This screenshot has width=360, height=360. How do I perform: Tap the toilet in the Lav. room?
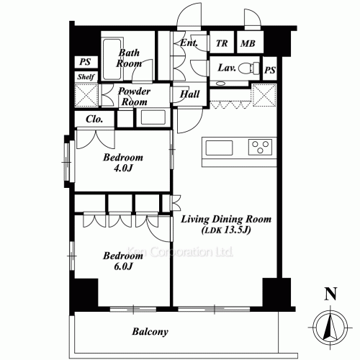click(x=246, y=68)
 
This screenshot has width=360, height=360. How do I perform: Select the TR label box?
click(x=222, y=44)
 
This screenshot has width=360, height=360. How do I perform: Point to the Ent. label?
click(x=189, y=43)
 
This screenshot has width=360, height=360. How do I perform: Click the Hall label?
click(x=190, y=94)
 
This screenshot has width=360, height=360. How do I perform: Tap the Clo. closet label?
click(x=93, y=120)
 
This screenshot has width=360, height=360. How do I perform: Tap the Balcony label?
click(x=150, y=332)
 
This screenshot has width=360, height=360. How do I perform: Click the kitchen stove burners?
click(x=259, y=148)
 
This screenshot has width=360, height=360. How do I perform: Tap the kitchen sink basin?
click(x=219, y=148)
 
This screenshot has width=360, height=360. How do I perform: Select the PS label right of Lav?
click(x=270, y=70)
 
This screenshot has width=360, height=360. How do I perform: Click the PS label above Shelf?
click(x=84, y=63)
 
